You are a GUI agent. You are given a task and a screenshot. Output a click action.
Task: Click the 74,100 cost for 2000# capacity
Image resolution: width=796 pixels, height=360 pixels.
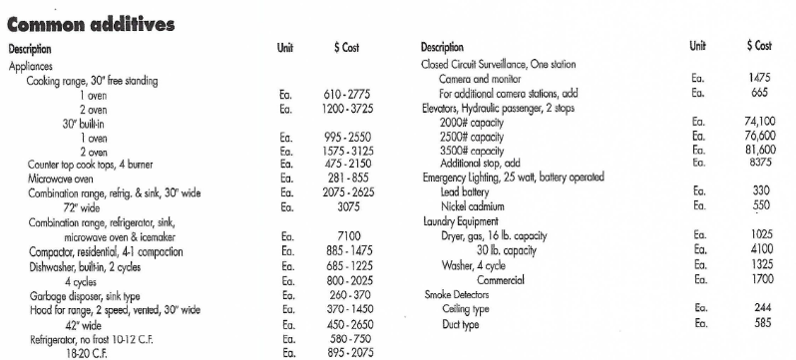tap(759, 121)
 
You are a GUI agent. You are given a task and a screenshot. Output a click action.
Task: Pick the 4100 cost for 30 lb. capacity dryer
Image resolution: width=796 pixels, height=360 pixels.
tap(759, 249)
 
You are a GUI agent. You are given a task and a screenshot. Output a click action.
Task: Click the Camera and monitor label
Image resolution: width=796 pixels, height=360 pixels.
tap(485, 78)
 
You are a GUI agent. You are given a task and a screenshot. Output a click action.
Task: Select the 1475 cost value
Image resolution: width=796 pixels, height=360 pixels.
tap(759, 78)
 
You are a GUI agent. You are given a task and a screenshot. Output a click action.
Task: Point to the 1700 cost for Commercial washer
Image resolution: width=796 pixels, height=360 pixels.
tap(759, 279)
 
